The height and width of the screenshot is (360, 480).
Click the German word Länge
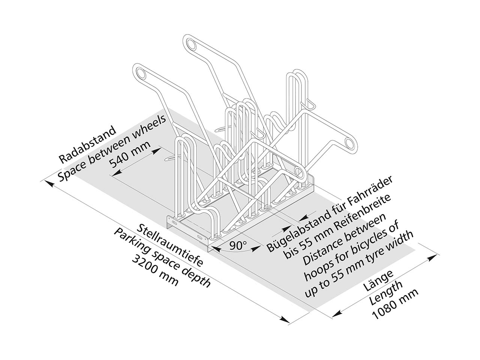pos(378,281)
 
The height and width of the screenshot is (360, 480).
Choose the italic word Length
pos(387,293)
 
